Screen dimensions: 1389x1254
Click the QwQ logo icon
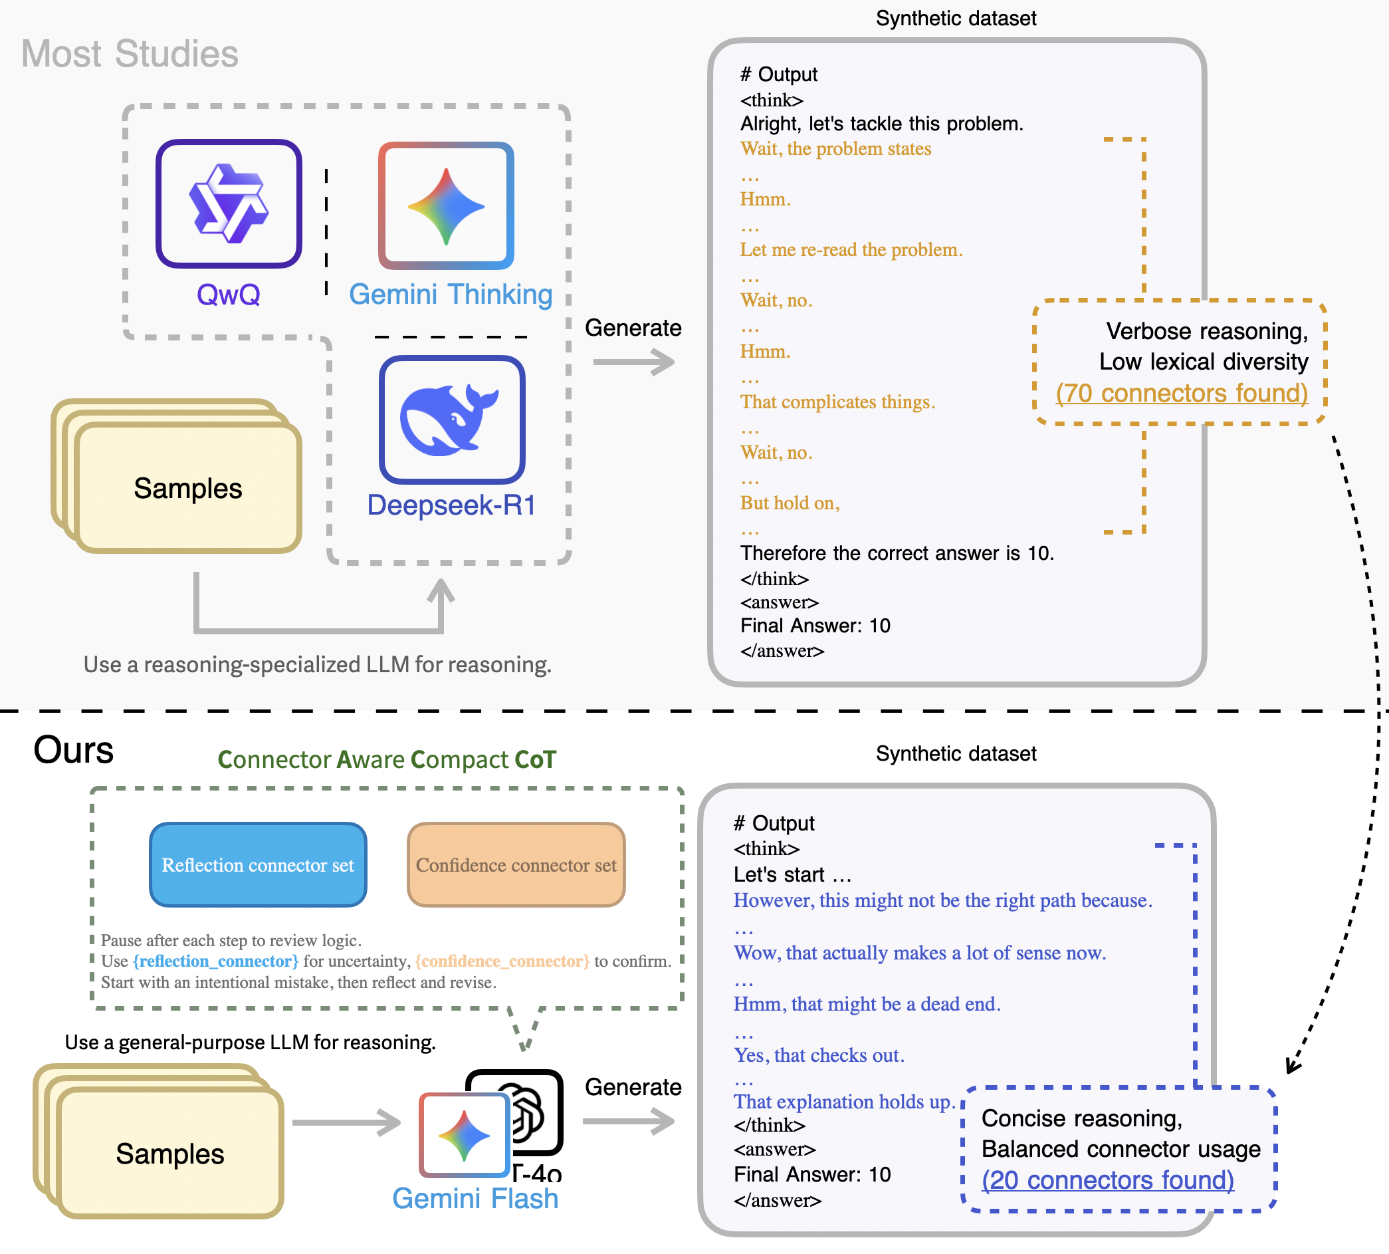pos(229,203)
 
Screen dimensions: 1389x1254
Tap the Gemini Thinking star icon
pos(446,205)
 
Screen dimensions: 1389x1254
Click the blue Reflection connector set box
pos(259,865)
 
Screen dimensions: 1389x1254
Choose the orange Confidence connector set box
pos(516,865)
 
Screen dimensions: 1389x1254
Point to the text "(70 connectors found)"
pos(1182,393)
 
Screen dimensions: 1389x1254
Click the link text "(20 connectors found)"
pos(1107,1180)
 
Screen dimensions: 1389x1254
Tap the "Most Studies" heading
pos(130,54)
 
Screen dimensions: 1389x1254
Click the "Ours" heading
pos(74,749)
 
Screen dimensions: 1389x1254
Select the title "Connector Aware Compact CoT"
pos(386,759)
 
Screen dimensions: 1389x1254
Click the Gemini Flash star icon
pos(464,1136)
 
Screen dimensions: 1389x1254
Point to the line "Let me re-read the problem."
pos(851,249)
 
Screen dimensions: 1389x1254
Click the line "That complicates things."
pos(837,402)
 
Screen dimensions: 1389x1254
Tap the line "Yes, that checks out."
pos(819,1055)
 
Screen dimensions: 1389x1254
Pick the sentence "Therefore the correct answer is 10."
pos(897,553)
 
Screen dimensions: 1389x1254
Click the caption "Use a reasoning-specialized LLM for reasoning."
pos(318,664)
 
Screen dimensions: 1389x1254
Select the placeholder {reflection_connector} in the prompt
pos(215,961)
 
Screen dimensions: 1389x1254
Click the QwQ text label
pos(229,294)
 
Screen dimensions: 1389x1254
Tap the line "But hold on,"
pos(790,503)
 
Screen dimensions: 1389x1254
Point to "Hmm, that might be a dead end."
pos(867,1004)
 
